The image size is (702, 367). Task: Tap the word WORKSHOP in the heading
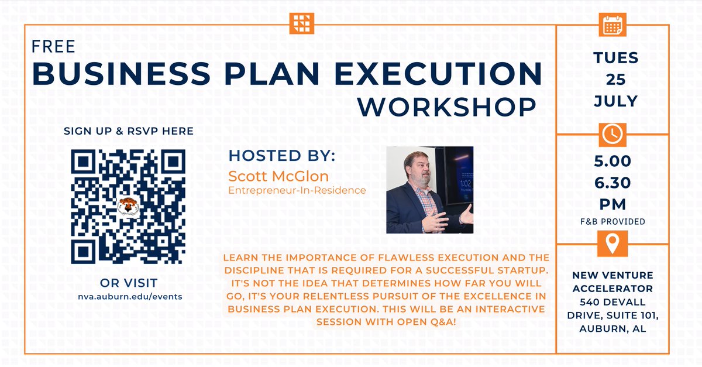tap(447, 107)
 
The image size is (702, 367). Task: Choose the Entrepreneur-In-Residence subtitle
tap(297, 190)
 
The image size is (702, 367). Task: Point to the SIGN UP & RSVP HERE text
tap(128, 131)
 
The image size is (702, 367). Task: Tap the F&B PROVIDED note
tap(612, 221)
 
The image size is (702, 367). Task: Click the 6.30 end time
tap(612, 183)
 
